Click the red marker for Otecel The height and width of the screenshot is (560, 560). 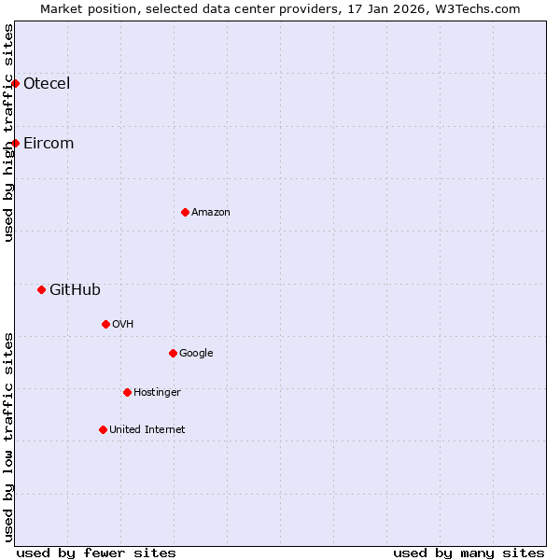pos(16,83)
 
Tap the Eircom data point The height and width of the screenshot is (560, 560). pos(16,143)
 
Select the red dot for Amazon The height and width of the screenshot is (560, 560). pos(185,212)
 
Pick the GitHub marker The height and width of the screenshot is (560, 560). pos(41,289)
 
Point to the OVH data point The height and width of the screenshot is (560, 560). pos(105,324)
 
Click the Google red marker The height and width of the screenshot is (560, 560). pos(173,353)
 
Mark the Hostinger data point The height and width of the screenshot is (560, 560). pos(127,392)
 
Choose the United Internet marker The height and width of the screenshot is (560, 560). pos(103,429)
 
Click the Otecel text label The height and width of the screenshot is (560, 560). pos(47,83)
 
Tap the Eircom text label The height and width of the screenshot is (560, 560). pos(49,143)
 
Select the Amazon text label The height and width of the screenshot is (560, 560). pos(211,212)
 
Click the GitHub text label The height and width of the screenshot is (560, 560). pos(75,289)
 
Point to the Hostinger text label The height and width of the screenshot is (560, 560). pos(157,392)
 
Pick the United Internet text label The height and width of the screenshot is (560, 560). pos(147,429)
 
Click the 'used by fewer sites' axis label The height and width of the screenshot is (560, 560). pos(96,553)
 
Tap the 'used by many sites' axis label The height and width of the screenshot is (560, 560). pos(469,553)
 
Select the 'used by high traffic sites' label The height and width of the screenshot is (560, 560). pos(8,133)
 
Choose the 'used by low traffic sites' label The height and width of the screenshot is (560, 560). pos(8,437)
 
